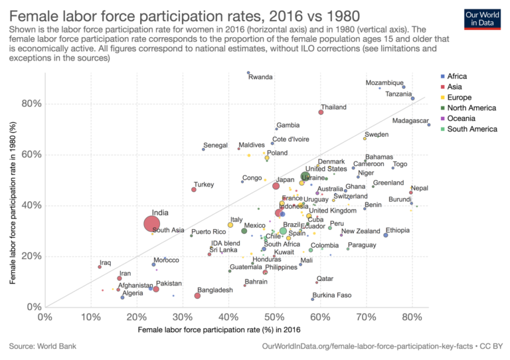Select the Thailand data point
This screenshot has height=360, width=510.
point(321,112)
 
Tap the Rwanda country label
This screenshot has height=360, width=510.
point(260,77)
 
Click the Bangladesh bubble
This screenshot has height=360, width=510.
point(197,296)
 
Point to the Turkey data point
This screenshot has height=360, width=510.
point(194,189)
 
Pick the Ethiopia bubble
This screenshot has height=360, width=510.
point(386,235)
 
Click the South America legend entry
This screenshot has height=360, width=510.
point(471,129)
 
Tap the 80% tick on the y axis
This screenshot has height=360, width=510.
point(32,104)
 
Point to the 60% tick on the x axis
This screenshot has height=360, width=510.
point(320,316)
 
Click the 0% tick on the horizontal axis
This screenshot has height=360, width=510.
point(45,316)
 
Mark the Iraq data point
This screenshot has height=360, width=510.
point(100,266)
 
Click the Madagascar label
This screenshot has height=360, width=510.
point(410,121)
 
